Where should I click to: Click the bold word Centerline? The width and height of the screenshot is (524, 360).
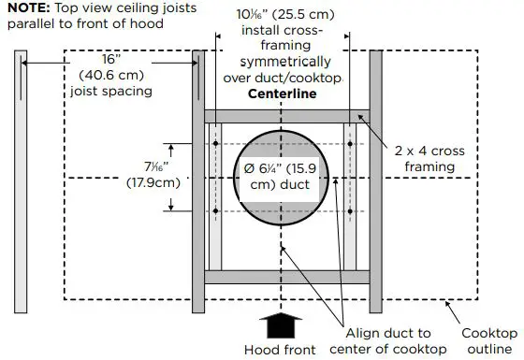pos(282,94)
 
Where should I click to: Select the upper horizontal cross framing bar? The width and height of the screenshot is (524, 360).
pos(287,117)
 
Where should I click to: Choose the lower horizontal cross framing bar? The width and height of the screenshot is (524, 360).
pos(287,277)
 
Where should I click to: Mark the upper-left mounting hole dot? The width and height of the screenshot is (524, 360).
pos(215,144)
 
